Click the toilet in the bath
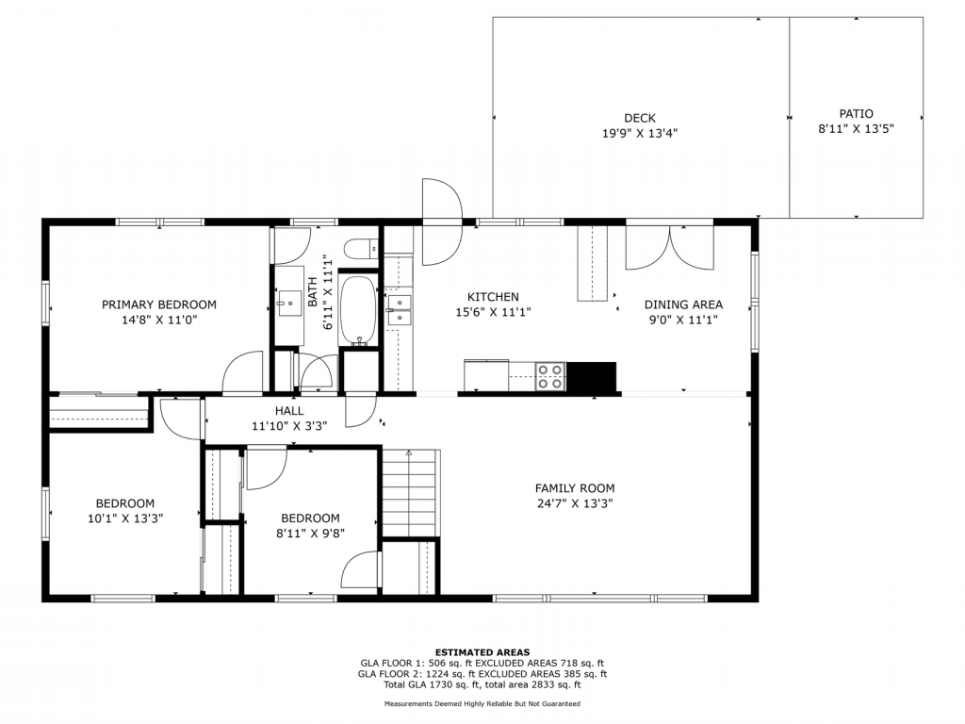(361, 249)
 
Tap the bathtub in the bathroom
(357, 310)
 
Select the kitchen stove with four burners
(550, 376)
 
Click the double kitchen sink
(400, 309)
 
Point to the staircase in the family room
(409, 493)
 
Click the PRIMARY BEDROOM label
(158, 304)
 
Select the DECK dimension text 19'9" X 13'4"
(640, 133)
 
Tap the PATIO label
(856, 114)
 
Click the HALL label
(289, 411)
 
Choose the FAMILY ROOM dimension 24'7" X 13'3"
(574, 503)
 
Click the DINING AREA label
(683, 304)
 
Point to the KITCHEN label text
(493, 297)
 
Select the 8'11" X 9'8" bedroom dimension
(310, 534)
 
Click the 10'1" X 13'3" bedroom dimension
(125, 518)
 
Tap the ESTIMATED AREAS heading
(482, 652)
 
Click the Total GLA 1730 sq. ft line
(482, 684)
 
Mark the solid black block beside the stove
(591, 376)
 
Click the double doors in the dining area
(670, 248)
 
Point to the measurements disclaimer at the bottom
(482, 703)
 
